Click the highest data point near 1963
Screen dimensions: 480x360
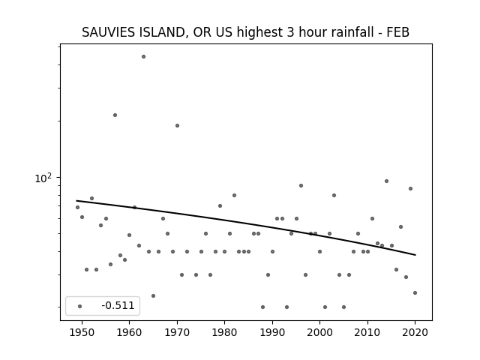143,57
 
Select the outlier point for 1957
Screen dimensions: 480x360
115,115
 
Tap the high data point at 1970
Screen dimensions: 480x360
177,125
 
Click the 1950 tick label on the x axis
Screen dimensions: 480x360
82,332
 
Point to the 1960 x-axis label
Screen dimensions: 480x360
129,332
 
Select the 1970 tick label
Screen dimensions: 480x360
177,332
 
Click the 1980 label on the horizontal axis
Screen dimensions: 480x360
224,332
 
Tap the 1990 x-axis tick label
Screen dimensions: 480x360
272,332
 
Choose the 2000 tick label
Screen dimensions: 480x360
319,332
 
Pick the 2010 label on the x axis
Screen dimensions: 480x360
367,332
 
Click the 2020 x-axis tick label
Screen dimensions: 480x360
415,332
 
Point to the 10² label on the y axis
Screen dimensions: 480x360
43,178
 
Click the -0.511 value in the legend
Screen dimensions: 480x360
118,305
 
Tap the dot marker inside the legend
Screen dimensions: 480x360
80,306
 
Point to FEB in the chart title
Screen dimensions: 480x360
398,32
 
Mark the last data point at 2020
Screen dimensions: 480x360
415,293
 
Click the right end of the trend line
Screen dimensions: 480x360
415,255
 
